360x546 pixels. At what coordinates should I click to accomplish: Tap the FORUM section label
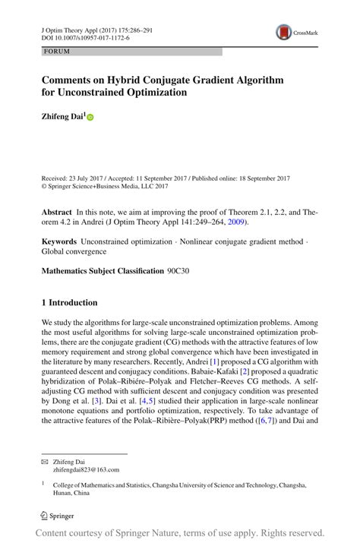pos(57,52)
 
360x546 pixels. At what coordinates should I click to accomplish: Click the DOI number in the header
pos(84,36)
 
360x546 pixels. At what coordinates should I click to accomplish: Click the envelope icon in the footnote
pos(45,462)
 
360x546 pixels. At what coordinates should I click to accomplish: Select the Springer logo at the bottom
pos(60,515)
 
